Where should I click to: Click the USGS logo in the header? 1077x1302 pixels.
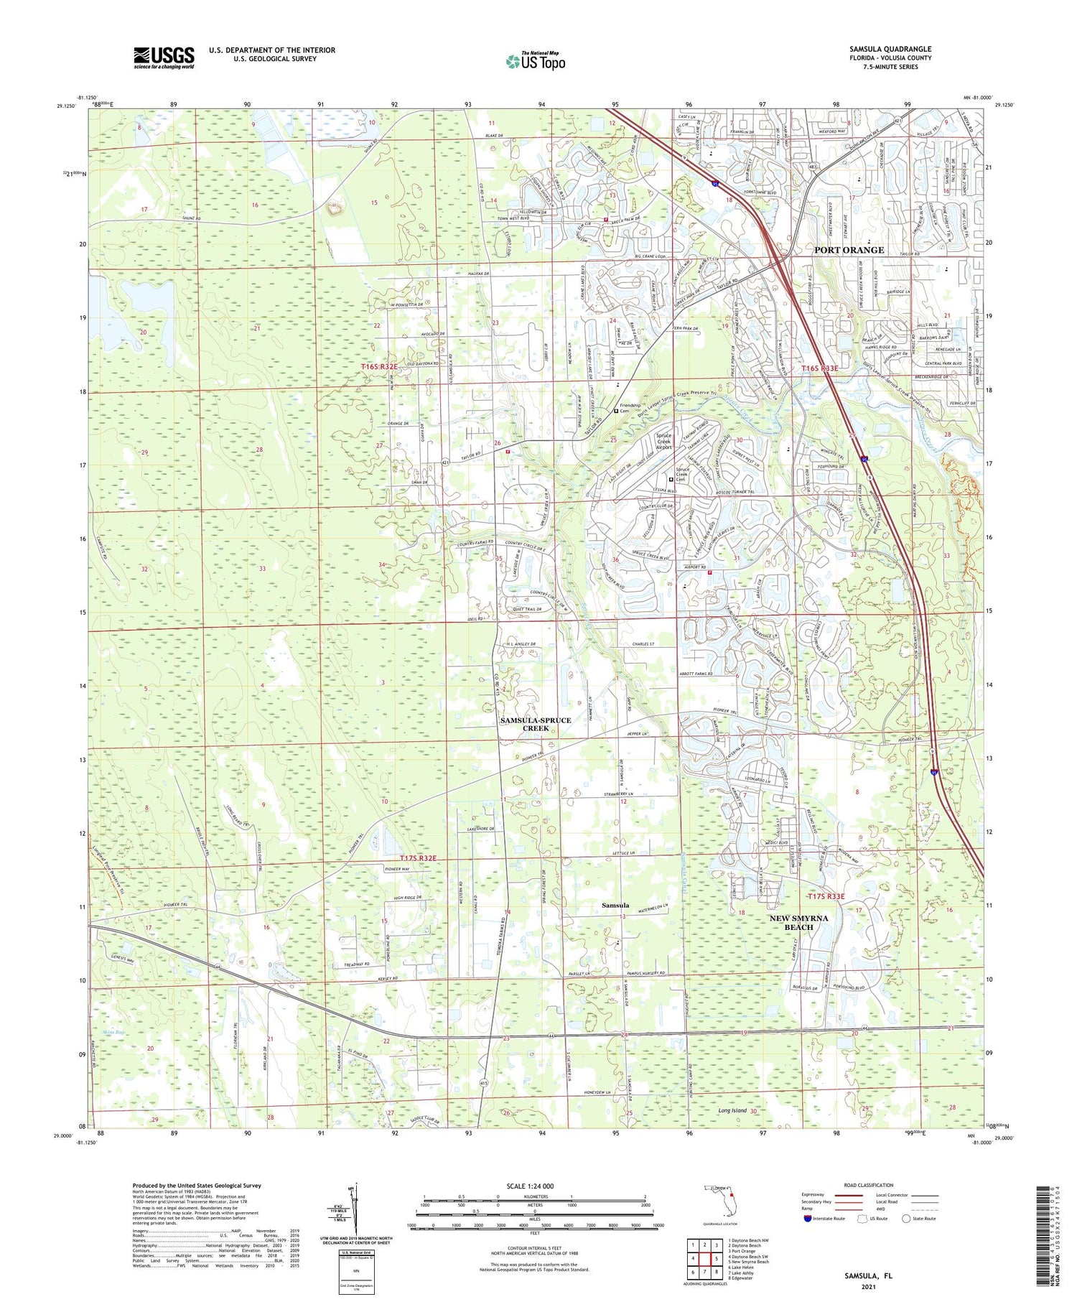point(164,57)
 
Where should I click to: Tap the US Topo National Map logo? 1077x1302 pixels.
point(536,62)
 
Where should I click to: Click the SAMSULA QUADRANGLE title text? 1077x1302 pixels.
point(890,50)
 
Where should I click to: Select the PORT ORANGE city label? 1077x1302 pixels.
point(849,250)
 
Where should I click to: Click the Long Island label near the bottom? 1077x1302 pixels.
point(732,1110)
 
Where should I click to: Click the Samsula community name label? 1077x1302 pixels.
point(615,906)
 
